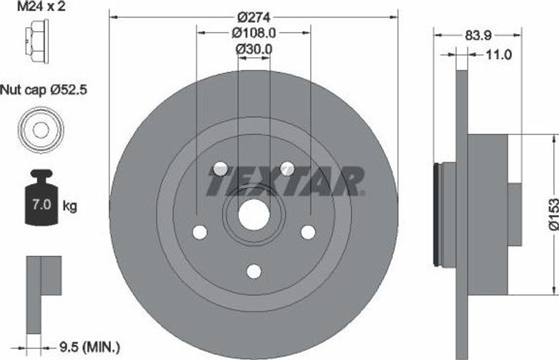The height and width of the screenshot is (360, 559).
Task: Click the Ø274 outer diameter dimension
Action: click(254, 17)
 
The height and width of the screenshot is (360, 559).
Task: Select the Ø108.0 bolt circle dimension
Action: click(254, 33)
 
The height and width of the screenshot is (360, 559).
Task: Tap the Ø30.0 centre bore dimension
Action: click(254, 49)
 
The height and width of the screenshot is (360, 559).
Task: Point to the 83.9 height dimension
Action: click(478, 35)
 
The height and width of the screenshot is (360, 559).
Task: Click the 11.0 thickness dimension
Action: click(498, 55)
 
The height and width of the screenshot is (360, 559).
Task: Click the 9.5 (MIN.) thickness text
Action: click(90, 347)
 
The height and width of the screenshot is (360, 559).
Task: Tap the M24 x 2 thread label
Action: click(41, 6)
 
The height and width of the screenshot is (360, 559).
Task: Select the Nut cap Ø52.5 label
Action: click(44, 89)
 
